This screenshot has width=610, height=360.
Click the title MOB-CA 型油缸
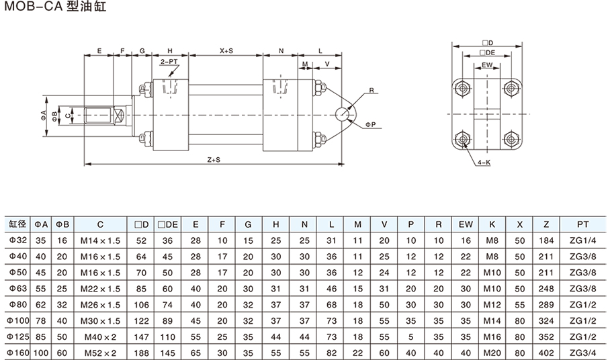[x=54, y=9]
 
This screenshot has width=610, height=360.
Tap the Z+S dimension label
[x=214, y=159]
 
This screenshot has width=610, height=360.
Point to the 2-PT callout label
[x=169, y=61]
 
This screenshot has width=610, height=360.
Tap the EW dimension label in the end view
[x=487, y=65]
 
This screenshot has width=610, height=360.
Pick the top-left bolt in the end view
[x=462, y=87]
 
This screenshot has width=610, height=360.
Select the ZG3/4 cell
[x=582, y=353]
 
